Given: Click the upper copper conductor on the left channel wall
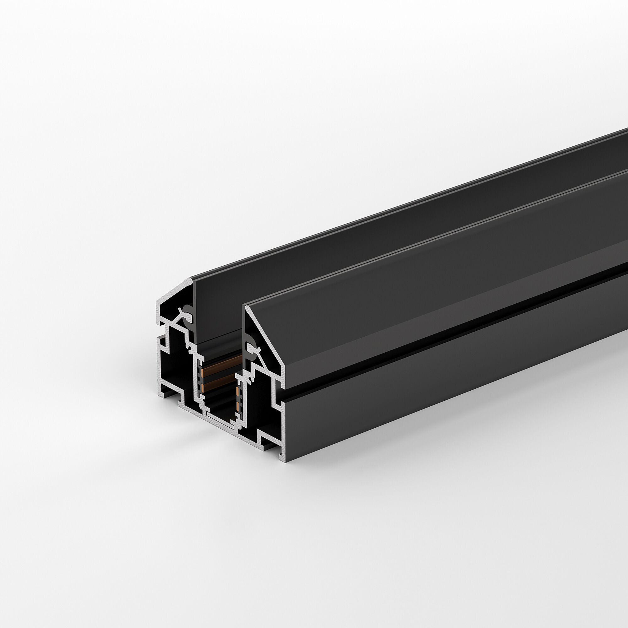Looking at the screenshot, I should (202, 373).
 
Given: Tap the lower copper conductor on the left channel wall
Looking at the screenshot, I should (203, 388).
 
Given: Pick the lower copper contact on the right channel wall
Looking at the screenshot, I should (238, 407).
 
